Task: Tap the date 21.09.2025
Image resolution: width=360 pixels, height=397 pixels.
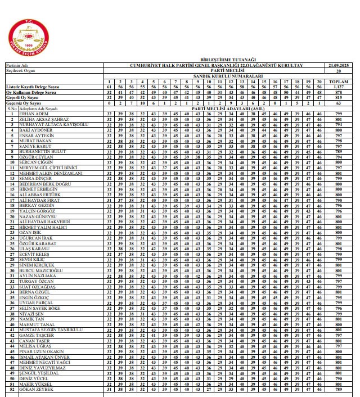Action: click(338, 66)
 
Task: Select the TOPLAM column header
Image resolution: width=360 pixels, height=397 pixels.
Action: click(338, 83)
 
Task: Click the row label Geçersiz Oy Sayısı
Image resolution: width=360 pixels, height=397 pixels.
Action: click(23, 103)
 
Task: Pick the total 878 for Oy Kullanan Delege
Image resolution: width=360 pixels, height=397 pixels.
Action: click(338, 93)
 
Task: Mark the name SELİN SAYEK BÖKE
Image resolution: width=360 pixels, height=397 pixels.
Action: click(39, 308)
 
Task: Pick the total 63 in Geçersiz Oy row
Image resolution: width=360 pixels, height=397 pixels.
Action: click(338, 103)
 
